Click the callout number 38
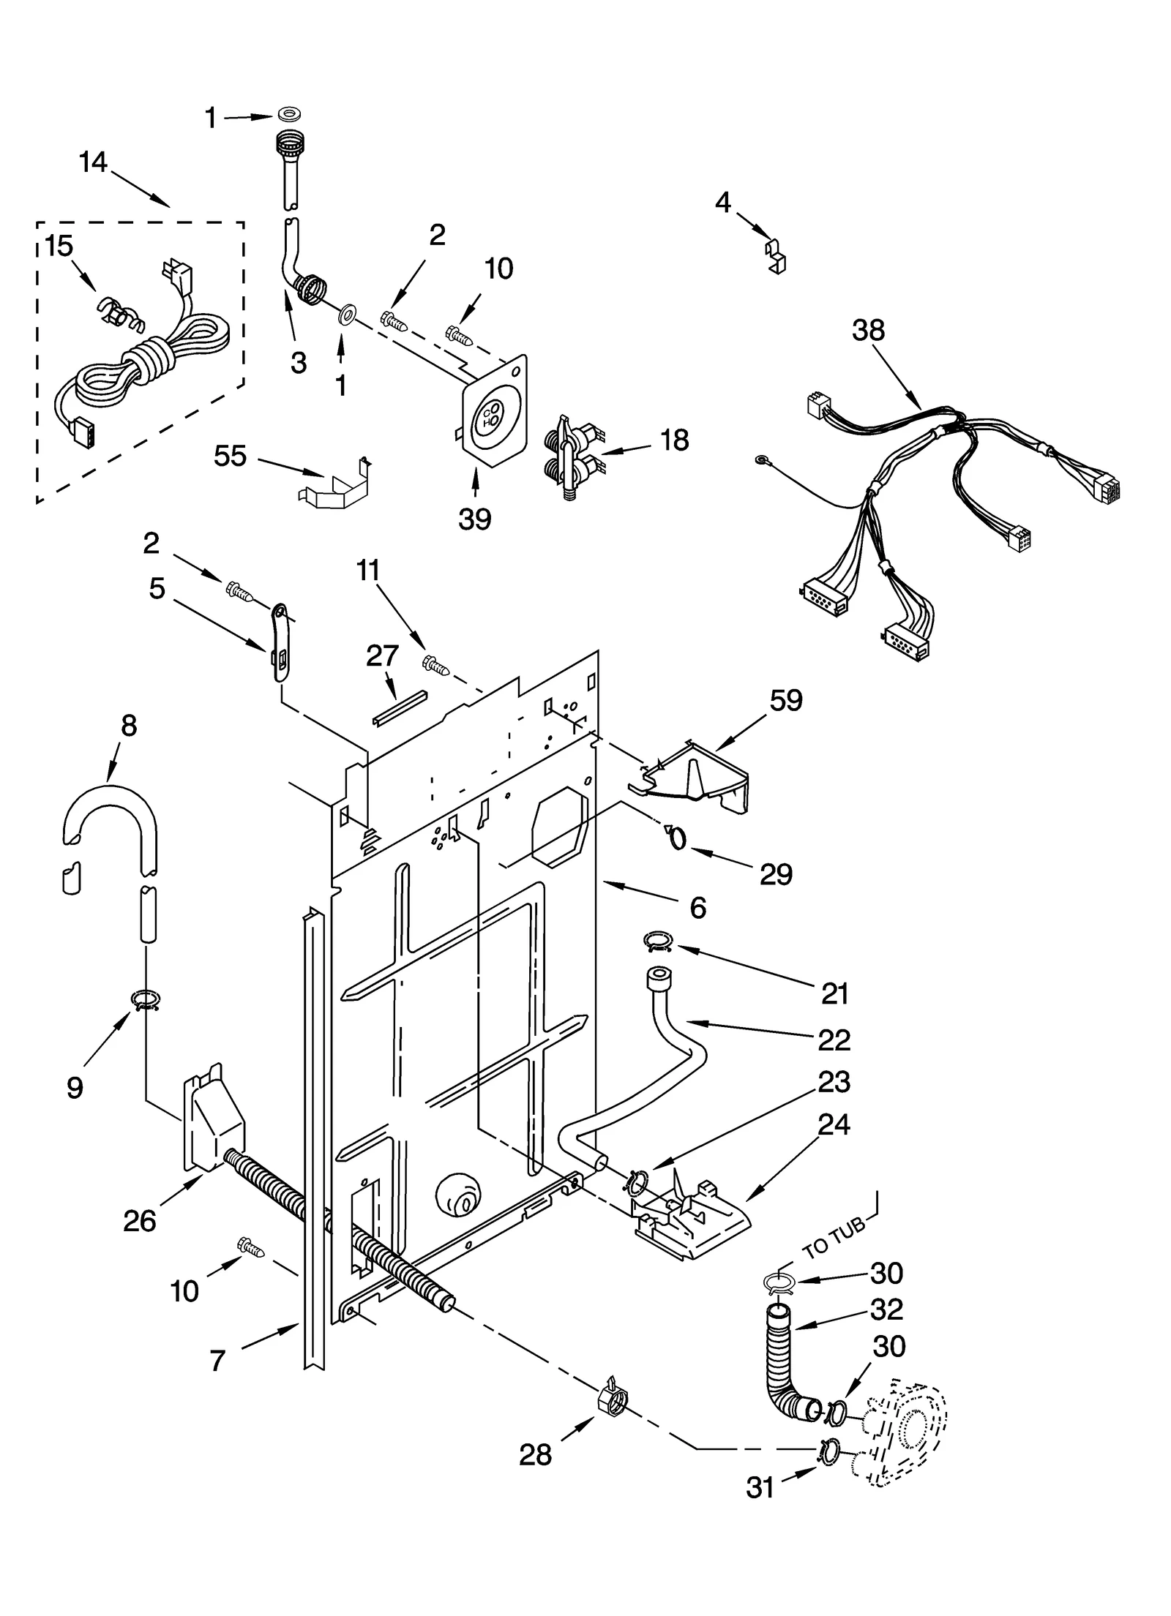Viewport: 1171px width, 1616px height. (x=868, y=331)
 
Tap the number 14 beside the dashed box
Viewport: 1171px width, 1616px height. (x=93, y=162)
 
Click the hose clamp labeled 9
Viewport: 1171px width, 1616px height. (x=146, y=999)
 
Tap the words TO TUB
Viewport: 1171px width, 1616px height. (x=834, y=1239)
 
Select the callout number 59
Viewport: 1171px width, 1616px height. (x=786, y=700)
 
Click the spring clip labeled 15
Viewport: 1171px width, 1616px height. (x=119, y=315)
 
